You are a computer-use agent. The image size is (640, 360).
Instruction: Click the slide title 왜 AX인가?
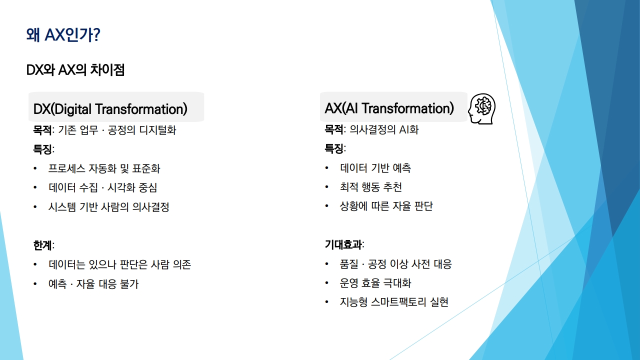pyautogui.click(x=63, y=35)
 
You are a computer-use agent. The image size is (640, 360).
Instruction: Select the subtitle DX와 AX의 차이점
pyautogui.click(x=75, y=70)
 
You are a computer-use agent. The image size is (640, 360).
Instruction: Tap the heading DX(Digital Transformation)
pyautogui.click(x=110, y=109)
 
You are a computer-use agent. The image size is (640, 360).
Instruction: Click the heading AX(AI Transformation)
pyautogui.click(x=389, y=108)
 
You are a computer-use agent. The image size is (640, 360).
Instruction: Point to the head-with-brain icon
pyautogui.click(x=482, y=108)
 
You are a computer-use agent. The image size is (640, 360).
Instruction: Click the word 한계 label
pyautogui.click(x=42, y=245)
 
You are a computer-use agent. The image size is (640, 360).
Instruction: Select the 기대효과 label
pyautogui.click(x=343, y=244)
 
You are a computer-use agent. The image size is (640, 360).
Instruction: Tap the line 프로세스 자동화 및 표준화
pyautogui.click(x=104, y=168)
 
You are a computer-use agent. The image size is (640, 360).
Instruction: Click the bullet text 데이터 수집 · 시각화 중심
pyautogui.click(x=103, y=187)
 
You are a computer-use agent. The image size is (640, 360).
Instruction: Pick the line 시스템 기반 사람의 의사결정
pyautogui.click(x=109, y=207)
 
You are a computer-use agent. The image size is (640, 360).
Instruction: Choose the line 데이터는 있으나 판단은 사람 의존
pyautogui.click(x=119, y=264)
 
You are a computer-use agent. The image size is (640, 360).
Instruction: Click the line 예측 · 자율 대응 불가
pyautogui.click(x=93, y=284)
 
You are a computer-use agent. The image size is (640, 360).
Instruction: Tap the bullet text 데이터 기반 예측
pyautogui.click(x=375, y=168)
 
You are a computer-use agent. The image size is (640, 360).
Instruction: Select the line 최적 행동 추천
pyautogui.click(x=371, y=187)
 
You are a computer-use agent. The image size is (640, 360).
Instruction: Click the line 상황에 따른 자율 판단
pyautogui.click(x=386, y=206)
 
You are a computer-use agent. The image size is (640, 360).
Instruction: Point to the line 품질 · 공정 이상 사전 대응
pyautogui.click(x=395, y=264)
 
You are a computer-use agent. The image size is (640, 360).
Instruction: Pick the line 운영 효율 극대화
pyautogui.click(x=375, y=283)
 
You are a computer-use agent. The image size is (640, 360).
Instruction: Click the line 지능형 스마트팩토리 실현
pyautogui.click(x=394, y=302)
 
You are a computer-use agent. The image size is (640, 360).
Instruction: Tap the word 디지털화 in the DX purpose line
pyautogui.click(x=157, y=130)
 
